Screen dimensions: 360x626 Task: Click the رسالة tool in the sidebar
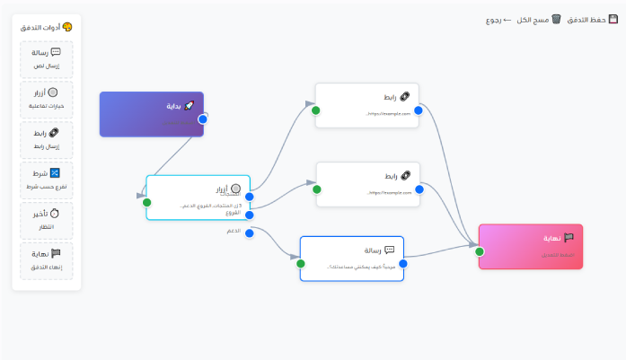tap(47, 58)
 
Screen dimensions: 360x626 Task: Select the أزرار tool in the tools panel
tap(47, 99)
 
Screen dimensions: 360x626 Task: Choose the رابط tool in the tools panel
tap(47, 139)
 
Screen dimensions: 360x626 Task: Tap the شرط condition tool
tap(47, 180)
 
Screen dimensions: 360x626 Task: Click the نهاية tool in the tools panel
tap(47, 259)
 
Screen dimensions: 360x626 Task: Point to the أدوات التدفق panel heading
tap(47, 27)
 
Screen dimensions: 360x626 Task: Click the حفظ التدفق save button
tap(594, 19)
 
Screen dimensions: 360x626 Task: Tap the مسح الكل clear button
tap(538, 19)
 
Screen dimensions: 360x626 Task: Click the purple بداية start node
tap(151, 113)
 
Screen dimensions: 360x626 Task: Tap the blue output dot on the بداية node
tap(203, 119)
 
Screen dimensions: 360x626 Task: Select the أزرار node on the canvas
tap(198, 196)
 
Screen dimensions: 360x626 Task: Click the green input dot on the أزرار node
tap(146, 202)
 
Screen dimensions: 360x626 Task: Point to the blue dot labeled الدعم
tap(250, 232)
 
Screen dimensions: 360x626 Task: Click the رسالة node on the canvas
tap(351, 258)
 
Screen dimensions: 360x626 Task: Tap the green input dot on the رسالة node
tap(300, 264)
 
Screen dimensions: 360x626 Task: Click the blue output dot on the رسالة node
tap(403, 264)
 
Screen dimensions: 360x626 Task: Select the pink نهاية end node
tap(531, 245)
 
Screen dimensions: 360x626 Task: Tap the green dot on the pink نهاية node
tap(480, 251)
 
